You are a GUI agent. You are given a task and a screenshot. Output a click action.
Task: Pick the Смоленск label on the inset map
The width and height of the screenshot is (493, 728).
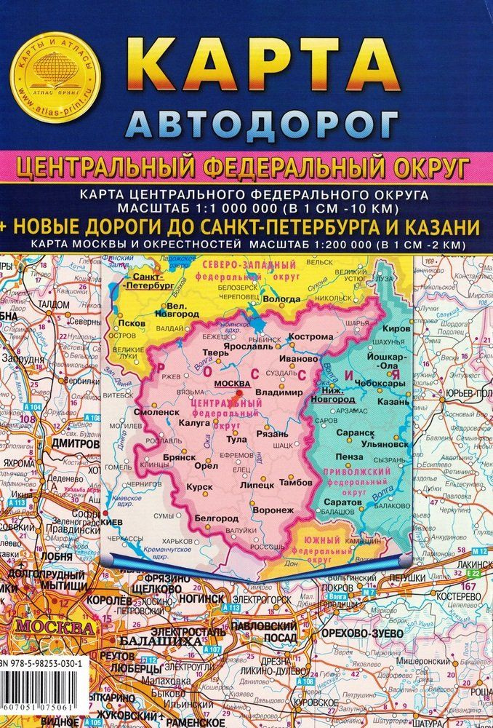click(173, 411)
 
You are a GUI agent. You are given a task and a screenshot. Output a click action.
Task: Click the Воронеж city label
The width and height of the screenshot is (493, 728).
click(273, 510)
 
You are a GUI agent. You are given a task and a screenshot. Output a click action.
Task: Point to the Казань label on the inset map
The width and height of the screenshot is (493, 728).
click(393, 401)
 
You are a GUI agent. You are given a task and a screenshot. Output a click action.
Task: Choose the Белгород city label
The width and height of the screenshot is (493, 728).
click(215, 518)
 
